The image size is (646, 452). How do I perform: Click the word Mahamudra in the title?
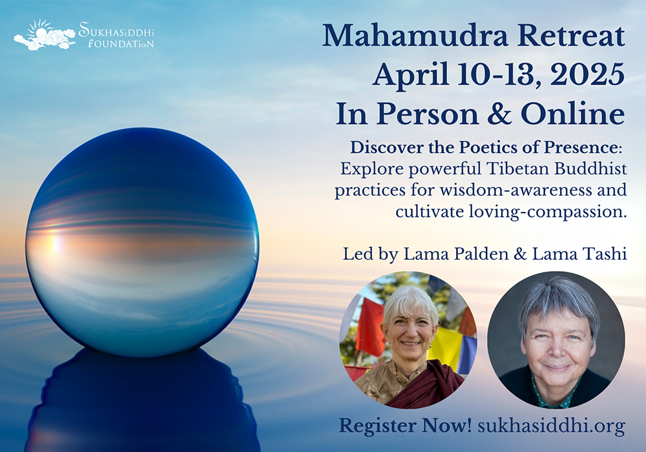(415, 36)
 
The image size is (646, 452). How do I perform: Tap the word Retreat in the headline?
(572, 36)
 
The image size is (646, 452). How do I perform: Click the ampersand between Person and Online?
(499, 114)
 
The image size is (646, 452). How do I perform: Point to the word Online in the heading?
(572, 114)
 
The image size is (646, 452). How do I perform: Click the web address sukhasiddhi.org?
(552, 426)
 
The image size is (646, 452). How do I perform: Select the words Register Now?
(405, 426)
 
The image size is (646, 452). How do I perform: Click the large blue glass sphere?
(142, 242)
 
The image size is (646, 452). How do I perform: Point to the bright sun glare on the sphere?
(54, 242)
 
